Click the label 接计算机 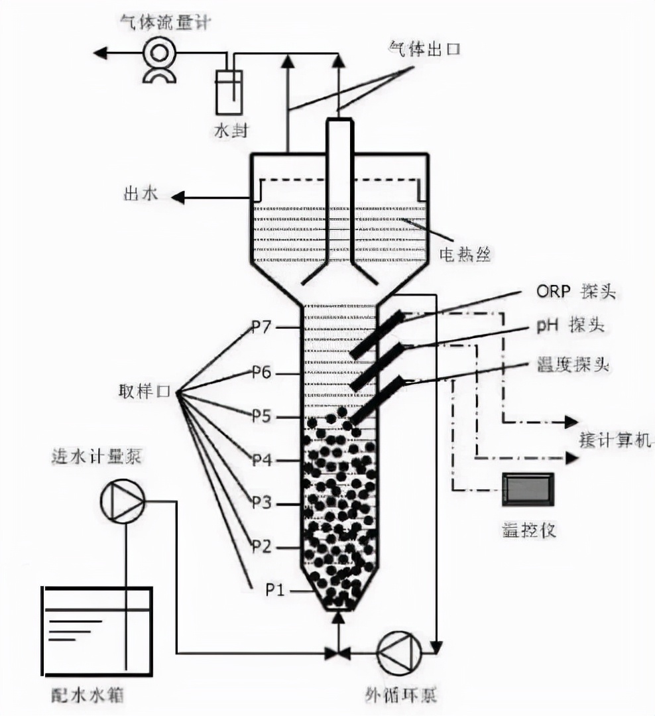coord(616,440)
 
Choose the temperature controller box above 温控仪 coord(527,489)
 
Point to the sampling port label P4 coord(261,459)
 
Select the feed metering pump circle coord(122,502)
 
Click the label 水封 coord(230,131)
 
